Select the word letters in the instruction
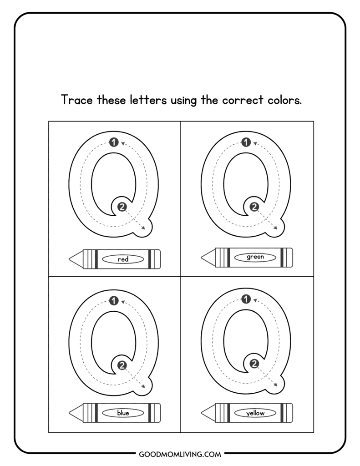pos(148,100)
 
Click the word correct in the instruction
pos(243,101)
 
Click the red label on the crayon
pos(123,259)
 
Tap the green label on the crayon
pos(255,257)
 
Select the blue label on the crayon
pos(123,413)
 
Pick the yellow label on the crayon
pos(255,413)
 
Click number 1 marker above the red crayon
pos(114,142)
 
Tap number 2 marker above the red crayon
pos(122,207)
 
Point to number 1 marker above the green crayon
pos(246,142)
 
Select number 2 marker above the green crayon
pos(254,207)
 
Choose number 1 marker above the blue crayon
pos(114,301)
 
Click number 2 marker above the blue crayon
pos(122,365)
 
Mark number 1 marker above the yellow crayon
pos(246,299)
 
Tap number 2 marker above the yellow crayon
pos(254,363)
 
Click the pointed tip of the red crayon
pos(69,259)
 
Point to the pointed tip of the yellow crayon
pos(202,413)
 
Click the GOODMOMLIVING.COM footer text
pos(180,455)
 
